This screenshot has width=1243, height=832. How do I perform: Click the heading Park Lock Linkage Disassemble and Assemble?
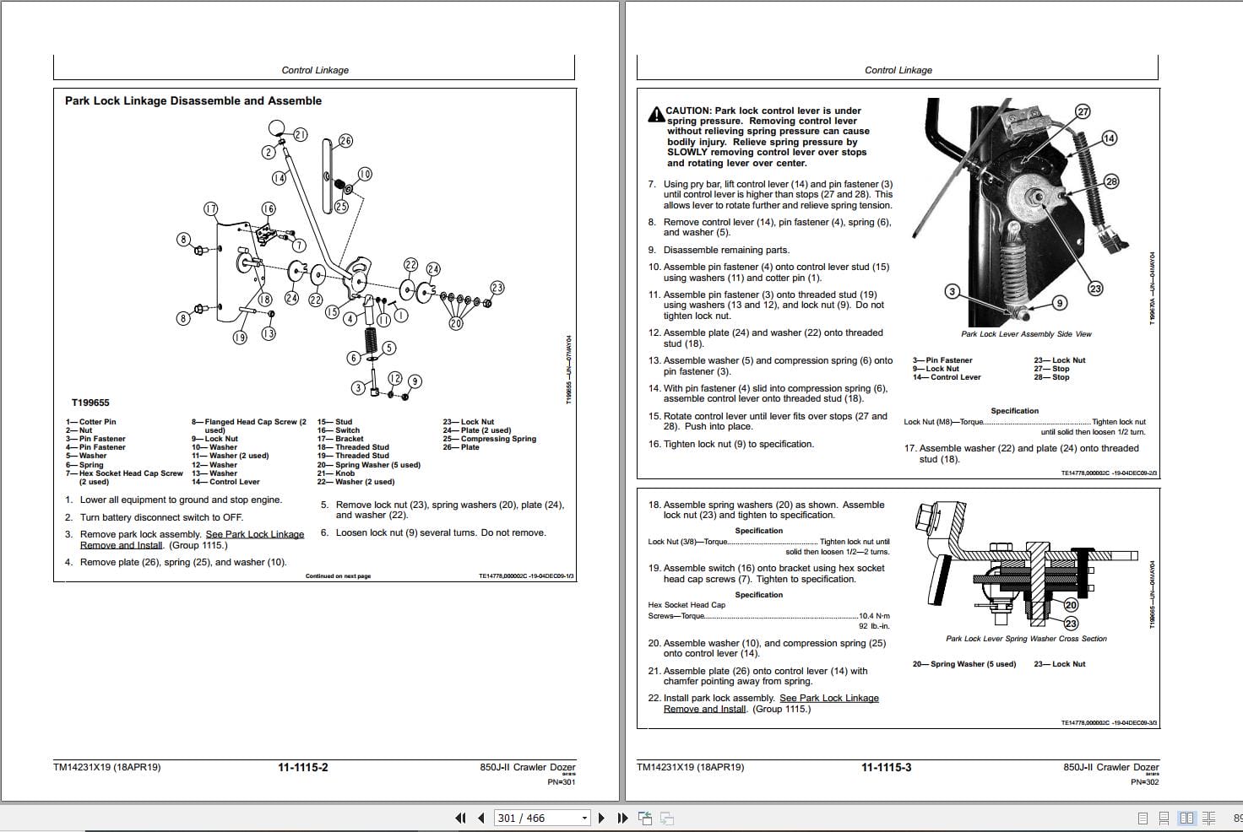click(193, 100)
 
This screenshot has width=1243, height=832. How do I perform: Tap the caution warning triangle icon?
click(656, 115)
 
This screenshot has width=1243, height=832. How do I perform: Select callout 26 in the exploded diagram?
click(345, 141)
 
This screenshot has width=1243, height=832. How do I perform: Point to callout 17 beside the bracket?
click(211, 208)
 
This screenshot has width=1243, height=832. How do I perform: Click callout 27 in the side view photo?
click(1083, 111)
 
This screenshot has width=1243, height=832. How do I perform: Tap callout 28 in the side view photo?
click(1111, 181)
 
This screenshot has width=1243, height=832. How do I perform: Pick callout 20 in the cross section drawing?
click(1071, 605)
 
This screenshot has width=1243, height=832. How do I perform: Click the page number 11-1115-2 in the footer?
click(303, 767)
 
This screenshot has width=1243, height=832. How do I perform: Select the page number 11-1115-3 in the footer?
click(886, 767)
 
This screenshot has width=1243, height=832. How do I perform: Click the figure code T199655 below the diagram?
click(90, 402)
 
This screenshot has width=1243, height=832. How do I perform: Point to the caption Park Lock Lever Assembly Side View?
click(1026, 334)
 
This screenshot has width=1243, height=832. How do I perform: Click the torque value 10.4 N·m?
click(874, 616)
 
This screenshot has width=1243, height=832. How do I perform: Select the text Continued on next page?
click(338, 576)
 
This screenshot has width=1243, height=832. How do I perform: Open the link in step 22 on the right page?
click(828, 699)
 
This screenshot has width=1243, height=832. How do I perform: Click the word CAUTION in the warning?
click(687, 111)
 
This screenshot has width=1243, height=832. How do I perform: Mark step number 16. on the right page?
click(654, 444)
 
